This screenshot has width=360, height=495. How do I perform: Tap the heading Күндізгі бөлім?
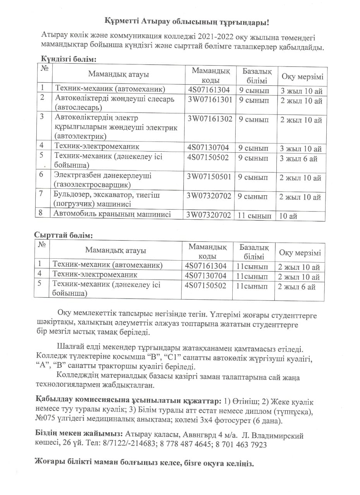69,59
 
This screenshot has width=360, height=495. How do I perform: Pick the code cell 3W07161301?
210,99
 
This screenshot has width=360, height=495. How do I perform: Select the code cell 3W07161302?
210,119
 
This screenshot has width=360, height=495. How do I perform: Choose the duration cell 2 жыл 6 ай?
297,287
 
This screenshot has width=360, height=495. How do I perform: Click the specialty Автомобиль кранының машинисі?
112,214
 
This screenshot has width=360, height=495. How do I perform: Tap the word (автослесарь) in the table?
79,107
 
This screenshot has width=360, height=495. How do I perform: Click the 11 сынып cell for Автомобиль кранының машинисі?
254,216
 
